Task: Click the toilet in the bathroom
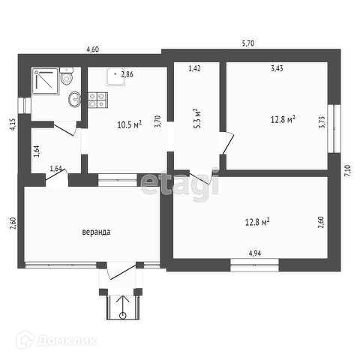coord(66,76)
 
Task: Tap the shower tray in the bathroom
coord(45,81)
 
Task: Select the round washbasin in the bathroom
coord(74,99)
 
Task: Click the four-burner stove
coord(97,100)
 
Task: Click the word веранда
coord(96,232)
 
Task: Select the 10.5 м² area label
coord(130,124)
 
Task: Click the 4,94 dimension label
coord(255,253)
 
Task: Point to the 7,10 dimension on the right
coord(349,171)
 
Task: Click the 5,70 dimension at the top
coord(248,43)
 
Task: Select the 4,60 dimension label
coord(92,49)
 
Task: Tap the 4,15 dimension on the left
coord(13,124)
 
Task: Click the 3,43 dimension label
coord(277,68)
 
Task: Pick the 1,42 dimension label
coord(194,68)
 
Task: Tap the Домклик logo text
coord(67,340)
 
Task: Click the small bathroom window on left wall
coord(25,106)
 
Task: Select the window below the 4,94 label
coord(254,265)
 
